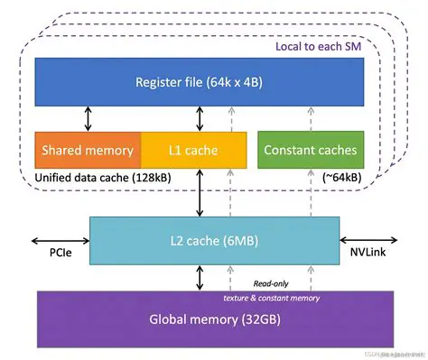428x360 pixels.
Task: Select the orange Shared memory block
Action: pyautogui.click(x=88, y=150)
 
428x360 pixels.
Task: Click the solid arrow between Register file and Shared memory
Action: pyautogui.click(x=87, y=117)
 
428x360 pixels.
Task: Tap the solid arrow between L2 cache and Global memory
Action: pyautogui.click(x=198, y=278)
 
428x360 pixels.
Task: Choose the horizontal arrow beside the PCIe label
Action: pyautogui.click(x=60, y=241)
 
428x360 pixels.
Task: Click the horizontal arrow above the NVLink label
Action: pyautogui.click(x=367, y=241)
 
